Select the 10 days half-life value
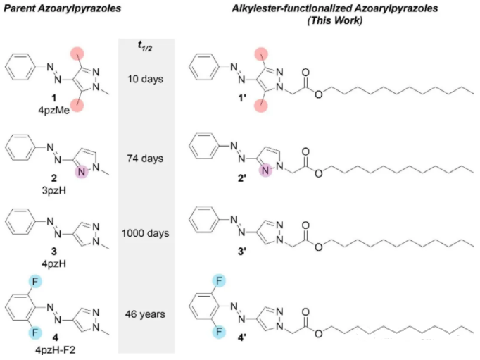coord(146,78)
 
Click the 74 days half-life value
coord(146,158)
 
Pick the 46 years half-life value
coord(146,313)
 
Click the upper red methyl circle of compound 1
coord(75,51)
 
